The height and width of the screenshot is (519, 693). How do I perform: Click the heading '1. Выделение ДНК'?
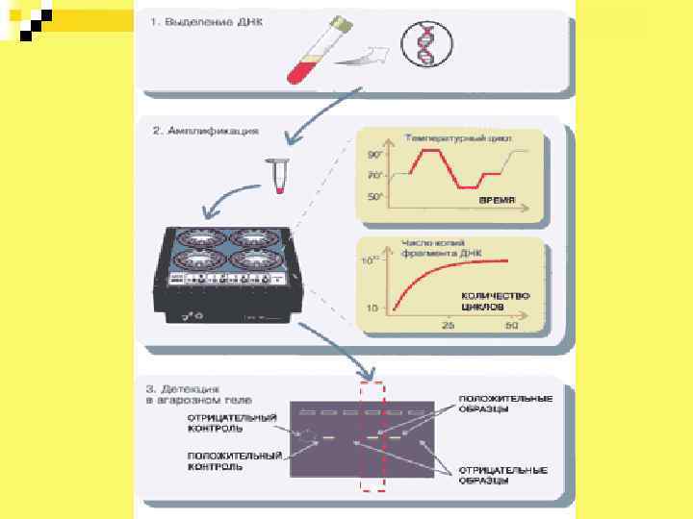click(204, 21)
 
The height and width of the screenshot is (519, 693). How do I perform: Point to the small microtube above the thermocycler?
click(280, 178)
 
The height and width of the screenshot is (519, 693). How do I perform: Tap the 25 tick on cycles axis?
click(448, 325)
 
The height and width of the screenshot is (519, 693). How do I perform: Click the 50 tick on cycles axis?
click(511, 325)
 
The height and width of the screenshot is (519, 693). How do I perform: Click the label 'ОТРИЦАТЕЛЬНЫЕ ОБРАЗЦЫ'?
click(501, 475)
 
